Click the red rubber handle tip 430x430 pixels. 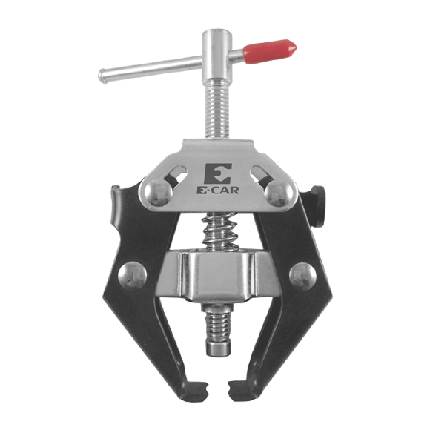pyautogui.click(x=270, y=51)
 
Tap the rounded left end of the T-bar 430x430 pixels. pyautogui.click(x=102, y=76)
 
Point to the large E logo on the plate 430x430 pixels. pyautogui.click(x=218, y=173)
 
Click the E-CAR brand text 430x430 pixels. pyautogui.click(x=218, y=190)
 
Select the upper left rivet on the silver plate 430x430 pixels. pyautogui.click(x=158, y=192)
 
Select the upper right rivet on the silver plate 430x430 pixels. pyautogui.click(x=278, y=192)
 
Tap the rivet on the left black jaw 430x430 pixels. pyautogui.click(x=132, y=276)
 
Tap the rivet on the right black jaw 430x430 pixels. pyautogui.click(x=302, y=276)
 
